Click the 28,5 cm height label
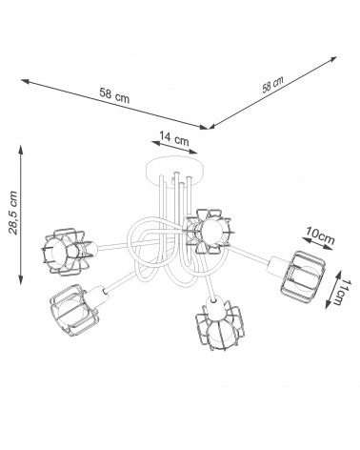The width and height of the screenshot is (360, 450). pos(13,213)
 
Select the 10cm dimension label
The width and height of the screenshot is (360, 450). pos(319,235)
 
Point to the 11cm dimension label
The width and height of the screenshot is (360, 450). pos(341,293)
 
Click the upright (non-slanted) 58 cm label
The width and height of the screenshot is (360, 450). pos(114,95)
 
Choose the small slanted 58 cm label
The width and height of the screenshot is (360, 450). pos(272,84)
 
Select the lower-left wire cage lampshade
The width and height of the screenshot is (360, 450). pos(73,309)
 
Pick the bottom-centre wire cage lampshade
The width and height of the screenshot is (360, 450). pos(220,327)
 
